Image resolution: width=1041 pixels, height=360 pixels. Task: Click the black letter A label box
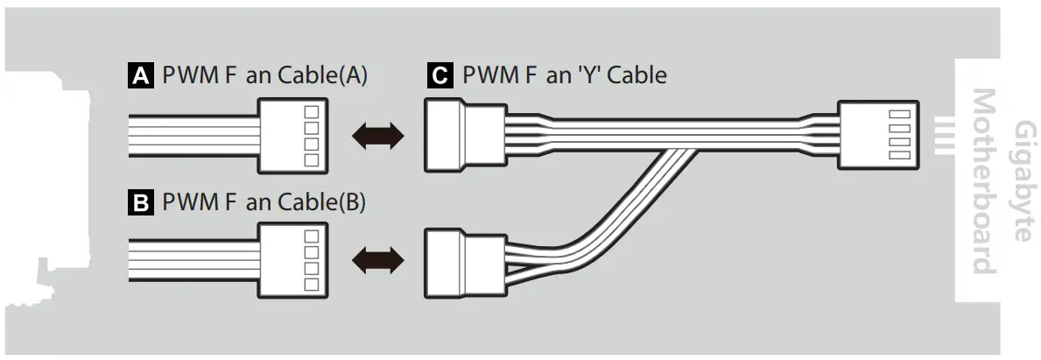tap(140, 76)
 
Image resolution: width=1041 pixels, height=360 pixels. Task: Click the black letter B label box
tap(140, 203)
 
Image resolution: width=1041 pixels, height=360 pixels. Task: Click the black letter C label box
tap(439, 76)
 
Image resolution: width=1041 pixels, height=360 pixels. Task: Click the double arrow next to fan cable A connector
tap(377, 135)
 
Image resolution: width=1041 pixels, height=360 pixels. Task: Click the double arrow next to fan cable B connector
tap(377, 260)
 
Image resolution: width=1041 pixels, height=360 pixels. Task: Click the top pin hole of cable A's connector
tap(310, 113)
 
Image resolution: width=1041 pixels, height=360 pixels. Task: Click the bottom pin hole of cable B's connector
tap(310, 285)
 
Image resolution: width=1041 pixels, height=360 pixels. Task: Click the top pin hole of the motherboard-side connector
tap(896, 115)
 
